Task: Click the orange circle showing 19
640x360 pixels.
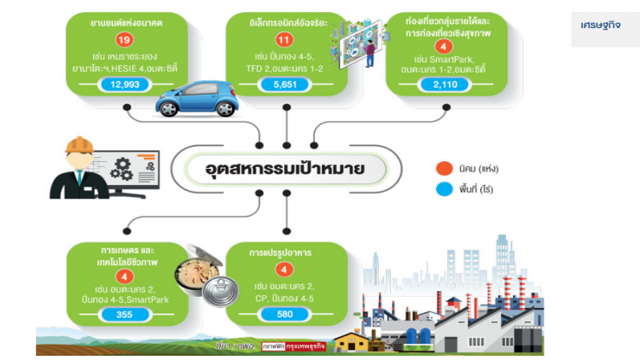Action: [x=125, y=38]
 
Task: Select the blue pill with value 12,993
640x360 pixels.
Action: [x=125, y=84]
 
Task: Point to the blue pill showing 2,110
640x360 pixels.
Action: [x=445, y=84]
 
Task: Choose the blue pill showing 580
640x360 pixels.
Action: [x=285, y=315]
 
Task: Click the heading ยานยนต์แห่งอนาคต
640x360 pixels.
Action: [x=125, y=19]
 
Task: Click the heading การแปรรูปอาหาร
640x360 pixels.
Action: [x=282, y=253]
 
